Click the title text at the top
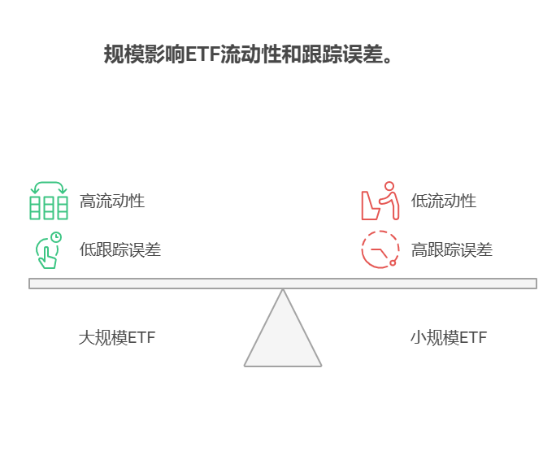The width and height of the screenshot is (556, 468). coord(248,55)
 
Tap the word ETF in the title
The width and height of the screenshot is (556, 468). coord(202,55)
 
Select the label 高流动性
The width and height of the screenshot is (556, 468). coord(112,201)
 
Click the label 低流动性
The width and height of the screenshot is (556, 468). coord(443,201)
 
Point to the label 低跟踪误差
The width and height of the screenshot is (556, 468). coord(120,249)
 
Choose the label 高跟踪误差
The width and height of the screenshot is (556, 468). coord(451,249)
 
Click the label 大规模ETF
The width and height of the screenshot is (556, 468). coord(117,337)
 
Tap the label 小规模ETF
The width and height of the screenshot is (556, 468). coord(449,337)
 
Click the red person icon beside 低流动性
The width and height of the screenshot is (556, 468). coord(380,201)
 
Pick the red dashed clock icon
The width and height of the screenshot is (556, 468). coord(380,249)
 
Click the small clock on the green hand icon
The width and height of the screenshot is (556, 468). coord(56,237)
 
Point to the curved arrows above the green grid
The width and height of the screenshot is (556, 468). coord(49,186)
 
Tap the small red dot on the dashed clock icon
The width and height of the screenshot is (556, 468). coord(393,262)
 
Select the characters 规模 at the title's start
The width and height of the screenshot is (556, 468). coord(124,55)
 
